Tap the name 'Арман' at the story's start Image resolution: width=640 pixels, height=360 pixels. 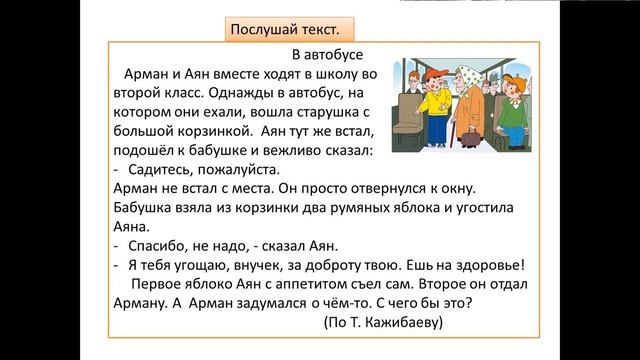(x=148, y=74)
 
